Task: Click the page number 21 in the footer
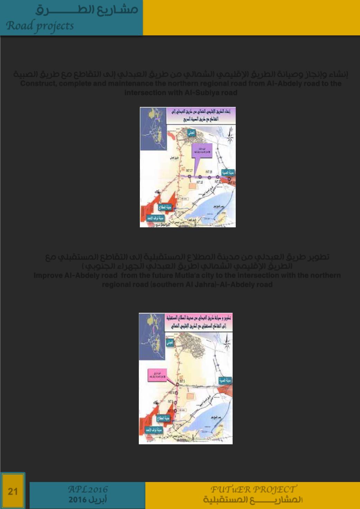pyautogui.click(x=13, y=491)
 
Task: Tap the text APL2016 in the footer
pyautogui.click(x=88, y=489)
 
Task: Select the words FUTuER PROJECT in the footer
pyautogui.click(x=253, y=489)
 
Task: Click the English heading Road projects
pyautogui.click(x=40, y=26)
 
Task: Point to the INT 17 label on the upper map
pyautogui.click(x=189, y=171)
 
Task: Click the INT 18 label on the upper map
pyautogui.click(x=200, y=182)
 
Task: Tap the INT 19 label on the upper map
pyautogui.click(x=208, y=172)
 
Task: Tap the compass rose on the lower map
pyautogui.click(x=227, y=343)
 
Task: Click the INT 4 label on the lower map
pyautogui.click(x=172, y=393)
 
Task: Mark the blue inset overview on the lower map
pyautogui.click(x=152, y=336)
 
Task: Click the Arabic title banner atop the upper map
pyautogui.click(x=201, y=115)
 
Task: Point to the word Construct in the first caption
pyautogui.click(x=38, y=84)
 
